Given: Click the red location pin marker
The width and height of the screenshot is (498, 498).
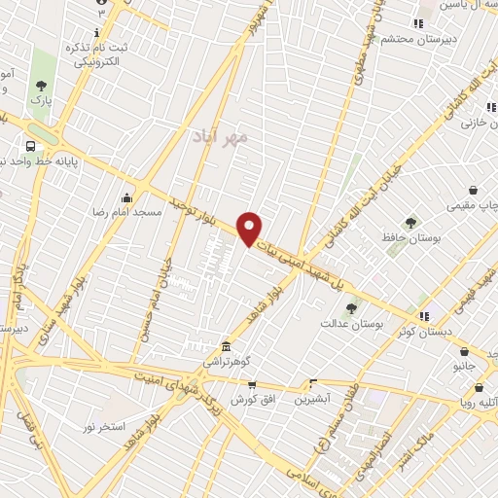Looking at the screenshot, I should [x=250, y=228].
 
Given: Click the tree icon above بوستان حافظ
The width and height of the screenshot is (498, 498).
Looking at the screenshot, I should [x=410, y=224].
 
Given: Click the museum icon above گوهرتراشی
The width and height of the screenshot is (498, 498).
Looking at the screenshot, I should [x=226, y=346].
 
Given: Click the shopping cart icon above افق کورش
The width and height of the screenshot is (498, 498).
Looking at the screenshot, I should [x=251, y=384].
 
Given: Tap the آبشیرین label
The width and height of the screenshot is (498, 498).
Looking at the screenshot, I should [x=313, y=398].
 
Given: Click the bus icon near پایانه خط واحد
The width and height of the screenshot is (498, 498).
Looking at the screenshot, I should [x=32, y=145].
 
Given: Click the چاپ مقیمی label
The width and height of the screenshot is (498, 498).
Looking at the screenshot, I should [x=469, y=205].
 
